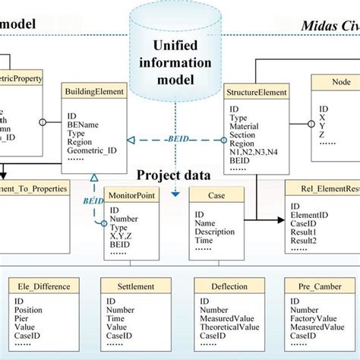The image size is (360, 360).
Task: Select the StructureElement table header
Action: click(x=257, y=93)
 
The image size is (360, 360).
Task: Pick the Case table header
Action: click(x=216, y=194)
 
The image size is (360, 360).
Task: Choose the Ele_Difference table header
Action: click(x=43, y=286)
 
